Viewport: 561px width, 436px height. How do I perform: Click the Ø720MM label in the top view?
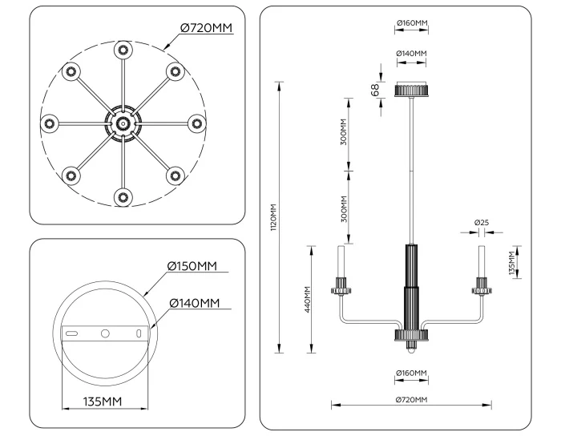[x=206, y=27]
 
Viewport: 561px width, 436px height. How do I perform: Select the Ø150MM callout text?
[x=192, y=266]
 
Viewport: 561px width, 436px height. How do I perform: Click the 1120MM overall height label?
[x=272, y=217]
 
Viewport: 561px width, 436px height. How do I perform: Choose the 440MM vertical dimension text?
[x=308, y=299]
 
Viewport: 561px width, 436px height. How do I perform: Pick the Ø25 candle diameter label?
[x=482, y=221]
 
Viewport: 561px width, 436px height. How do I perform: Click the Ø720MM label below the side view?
[x=411, y=399]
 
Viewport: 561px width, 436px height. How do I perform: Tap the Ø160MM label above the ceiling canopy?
[x=411, y=23]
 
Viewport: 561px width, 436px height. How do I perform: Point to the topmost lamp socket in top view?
[x=123, y=50]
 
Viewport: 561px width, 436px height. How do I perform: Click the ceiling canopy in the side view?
[x=412, y=89]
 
